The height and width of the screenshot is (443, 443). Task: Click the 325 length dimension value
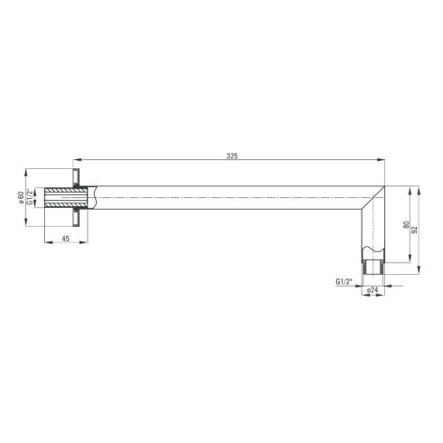(x=232, y=156)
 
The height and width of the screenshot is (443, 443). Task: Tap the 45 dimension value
(x=65, y=239)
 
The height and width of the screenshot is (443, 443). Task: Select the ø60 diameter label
(x=21, y=197)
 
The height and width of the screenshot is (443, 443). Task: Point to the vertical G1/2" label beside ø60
(x=30, y=197)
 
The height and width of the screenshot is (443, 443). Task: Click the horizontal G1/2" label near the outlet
(x=344, y=282)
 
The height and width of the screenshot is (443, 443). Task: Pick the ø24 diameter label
(x=372, y=290)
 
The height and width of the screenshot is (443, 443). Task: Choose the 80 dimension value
(x=406, y=224)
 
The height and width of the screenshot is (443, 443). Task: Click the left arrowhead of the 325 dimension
(x=77, y=160)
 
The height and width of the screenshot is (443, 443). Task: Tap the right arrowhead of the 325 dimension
(x=381, y=161)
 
